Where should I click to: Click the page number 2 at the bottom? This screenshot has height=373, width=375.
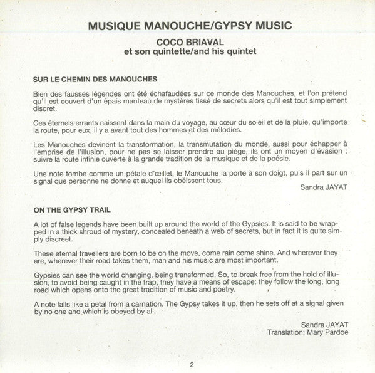187,363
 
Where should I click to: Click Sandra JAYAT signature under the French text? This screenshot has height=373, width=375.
319,186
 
